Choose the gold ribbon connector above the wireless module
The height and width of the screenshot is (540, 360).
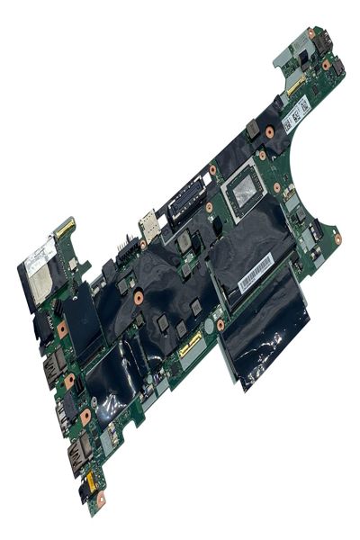pos(64,229)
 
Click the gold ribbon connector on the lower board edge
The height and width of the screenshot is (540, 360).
pos(190,343)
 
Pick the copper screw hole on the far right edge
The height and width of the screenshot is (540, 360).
pos(337,239)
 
